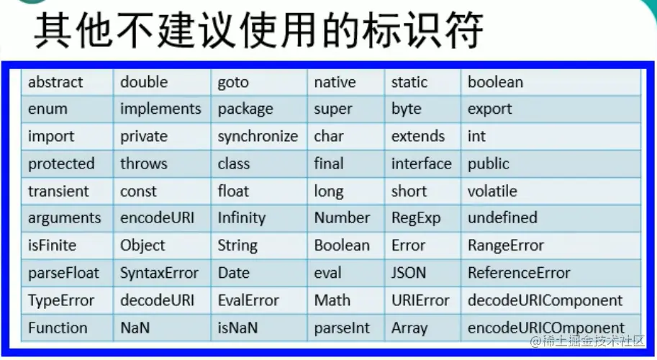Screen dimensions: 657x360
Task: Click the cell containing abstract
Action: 67,82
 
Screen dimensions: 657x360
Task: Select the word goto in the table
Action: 233,83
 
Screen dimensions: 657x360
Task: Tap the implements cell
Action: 162,109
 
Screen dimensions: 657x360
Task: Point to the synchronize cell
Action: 259,136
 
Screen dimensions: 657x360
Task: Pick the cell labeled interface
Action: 422,164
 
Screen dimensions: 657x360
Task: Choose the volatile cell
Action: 550,191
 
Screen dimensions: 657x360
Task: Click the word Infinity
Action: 241,218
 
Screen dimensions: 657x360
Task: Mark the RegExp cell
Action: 422,218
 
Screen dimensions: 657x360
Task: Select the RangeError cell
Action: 550,246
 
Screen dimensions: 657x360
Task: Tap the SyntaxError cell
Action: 162,273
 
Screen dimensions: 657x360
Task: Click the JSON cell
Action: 422,273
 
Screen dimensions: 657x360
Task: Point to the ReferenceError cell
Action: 550,273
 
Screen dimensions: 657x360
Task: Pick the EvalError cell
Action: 259,300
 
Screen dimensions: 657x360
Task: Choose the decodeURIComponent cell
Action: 550,300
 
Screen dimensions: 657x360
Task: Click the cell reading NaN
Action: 162,328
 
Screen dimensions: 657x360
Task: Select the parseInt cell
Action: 345,328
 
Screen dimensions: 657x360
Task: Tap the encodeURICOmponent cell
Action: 550,328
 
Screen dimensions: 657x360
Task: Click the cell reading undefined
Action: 550,218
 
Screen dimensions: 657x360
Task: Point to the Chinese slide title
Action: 258,30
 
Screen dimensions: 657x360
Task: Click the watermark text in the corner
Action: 587,341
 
